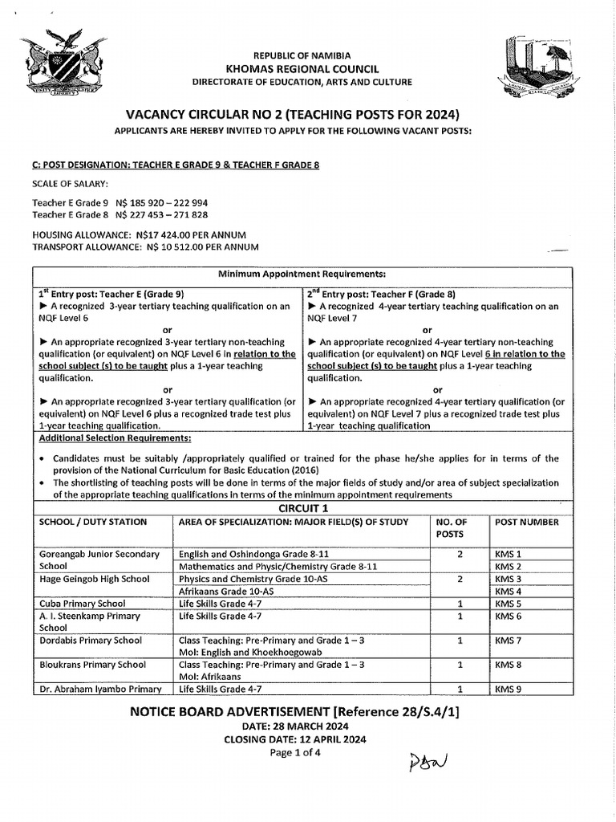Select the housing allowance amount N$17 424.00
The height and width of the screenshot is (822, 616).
170,234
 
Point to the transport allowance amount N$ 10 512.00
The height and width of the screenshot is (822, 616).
177,246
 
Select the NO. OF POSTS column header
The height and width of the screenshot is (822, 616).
450,527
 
